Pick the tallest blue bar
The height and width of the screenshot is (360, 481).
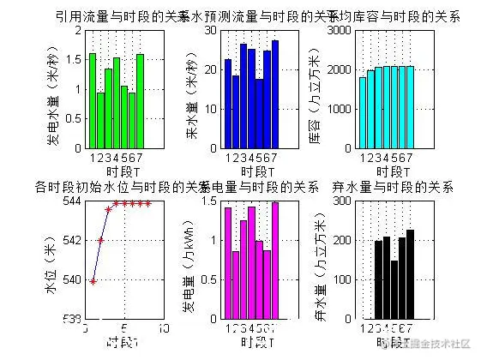274,94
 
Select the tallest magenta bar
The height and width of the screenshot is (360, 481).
274,261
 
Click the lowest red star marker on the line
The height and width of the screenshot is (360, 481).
93,281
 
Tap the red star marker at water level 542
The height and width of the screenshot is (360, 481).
100,240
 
